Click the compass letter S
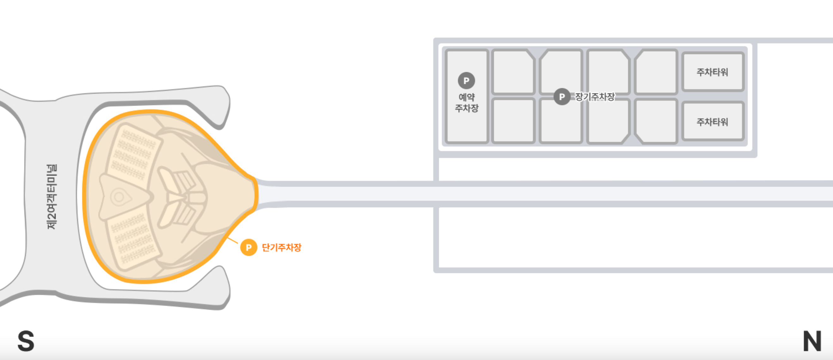(x=26, y=341)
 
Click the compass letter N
(x=812, y=341)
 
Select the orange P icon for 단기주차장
(x=248, y=247)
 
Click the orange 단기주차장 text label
(x=281, y=247)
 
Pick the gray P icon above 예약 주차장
(x=466, y=81)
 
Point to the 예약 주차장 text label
(x=467, y=102)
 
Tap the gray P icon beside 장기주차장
(x=562, y=97)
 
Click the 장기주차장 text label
(x=595, y=97)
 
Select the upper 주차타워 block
(x=713, y=72)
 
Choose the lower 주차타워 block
(x=713, y=121)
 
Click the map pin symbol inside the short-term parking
(x=119, y=197)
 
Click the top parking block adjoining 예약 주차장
(x=512, y=72)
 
